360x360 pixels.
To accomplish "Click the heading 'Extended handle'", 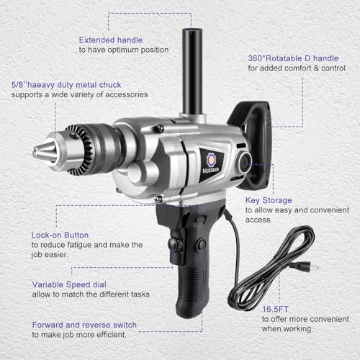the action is point(111,40).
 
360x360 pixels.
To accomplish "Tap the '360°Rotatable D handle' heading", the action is point(293,58).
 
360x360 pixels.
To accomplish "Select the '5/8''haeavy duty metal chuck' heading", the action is point(66,85).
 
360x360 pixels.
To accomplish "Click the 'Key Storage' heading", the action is point(269,200).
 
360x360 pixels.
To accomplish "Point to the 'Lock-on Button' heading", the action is point(60,235).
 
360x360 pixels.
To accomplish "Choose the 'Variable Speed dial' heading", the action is point(69,284).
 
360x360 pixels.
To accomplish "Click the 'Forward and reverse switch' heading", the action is point(84,325).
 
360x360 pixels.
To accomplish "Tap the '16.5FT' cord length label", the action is point(275,310).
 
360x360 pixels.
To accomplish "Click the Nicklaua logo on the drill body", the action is point(211,163).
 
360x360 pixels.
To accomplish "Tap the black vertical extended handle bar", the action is point(192,71).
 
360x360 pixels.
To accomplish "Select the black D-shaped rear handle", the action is point(254,144).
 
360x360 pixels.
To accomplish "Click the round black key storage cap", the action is point(245,162).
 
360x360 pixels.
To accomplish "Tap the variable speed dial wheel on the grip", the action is point(175,245).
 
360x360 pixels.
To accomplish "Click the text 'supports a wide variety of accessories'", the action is point(79,94).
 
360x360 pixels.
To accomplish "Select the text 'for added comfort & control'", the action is point(297,68).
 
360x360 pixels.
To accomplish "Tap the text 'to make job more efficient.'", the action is point(79,335).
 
